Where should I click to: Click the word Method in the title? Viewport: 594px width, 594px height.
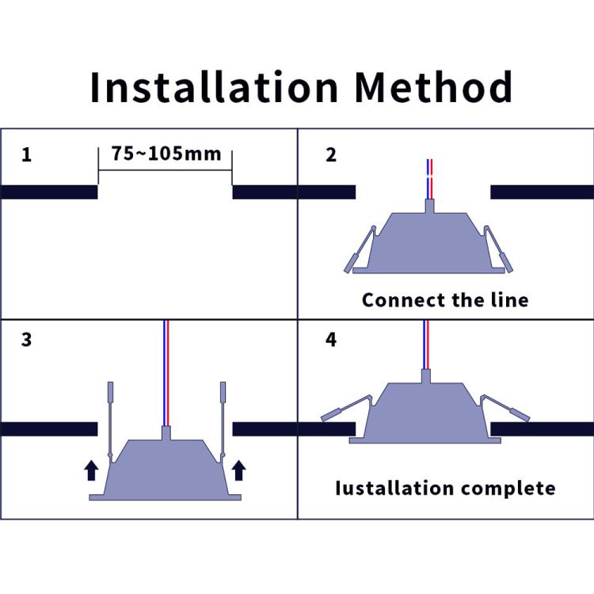(433, 87)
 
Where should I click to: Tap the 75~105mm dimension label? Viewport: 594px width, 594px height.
(166, 153)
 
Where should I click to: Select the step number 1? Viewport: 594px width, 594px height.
(27, 154)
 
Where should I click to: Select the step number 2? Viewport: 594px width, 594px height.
(331, 154)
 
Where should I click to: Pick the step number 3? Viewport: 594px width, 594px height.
(27, 341)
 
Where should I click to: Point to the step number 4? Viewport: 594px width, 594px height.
(331, 341)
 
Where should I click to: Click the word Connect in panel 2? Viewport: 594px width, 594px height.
(399, 300)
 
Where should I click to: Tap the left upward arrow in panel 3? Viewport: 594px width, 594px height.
(91, 470)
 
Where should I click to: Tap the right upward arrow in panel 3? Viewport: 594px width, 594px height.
(238, 470)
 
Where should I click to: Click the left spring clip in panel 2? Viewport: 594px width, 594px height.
(360, 249)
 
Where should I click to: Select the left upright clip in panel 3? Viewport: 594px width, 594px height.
(110, 420)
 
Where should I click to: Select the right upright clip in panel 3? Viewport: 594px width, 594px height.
(223, 420)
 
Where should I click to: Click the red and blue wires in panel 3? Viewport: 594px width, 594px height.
(166, 372)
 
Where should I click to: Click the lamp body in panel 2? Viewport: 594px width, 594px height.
(428, 242)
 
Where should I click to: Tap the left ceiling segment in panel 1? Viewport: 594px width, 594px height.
(48, 192)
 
